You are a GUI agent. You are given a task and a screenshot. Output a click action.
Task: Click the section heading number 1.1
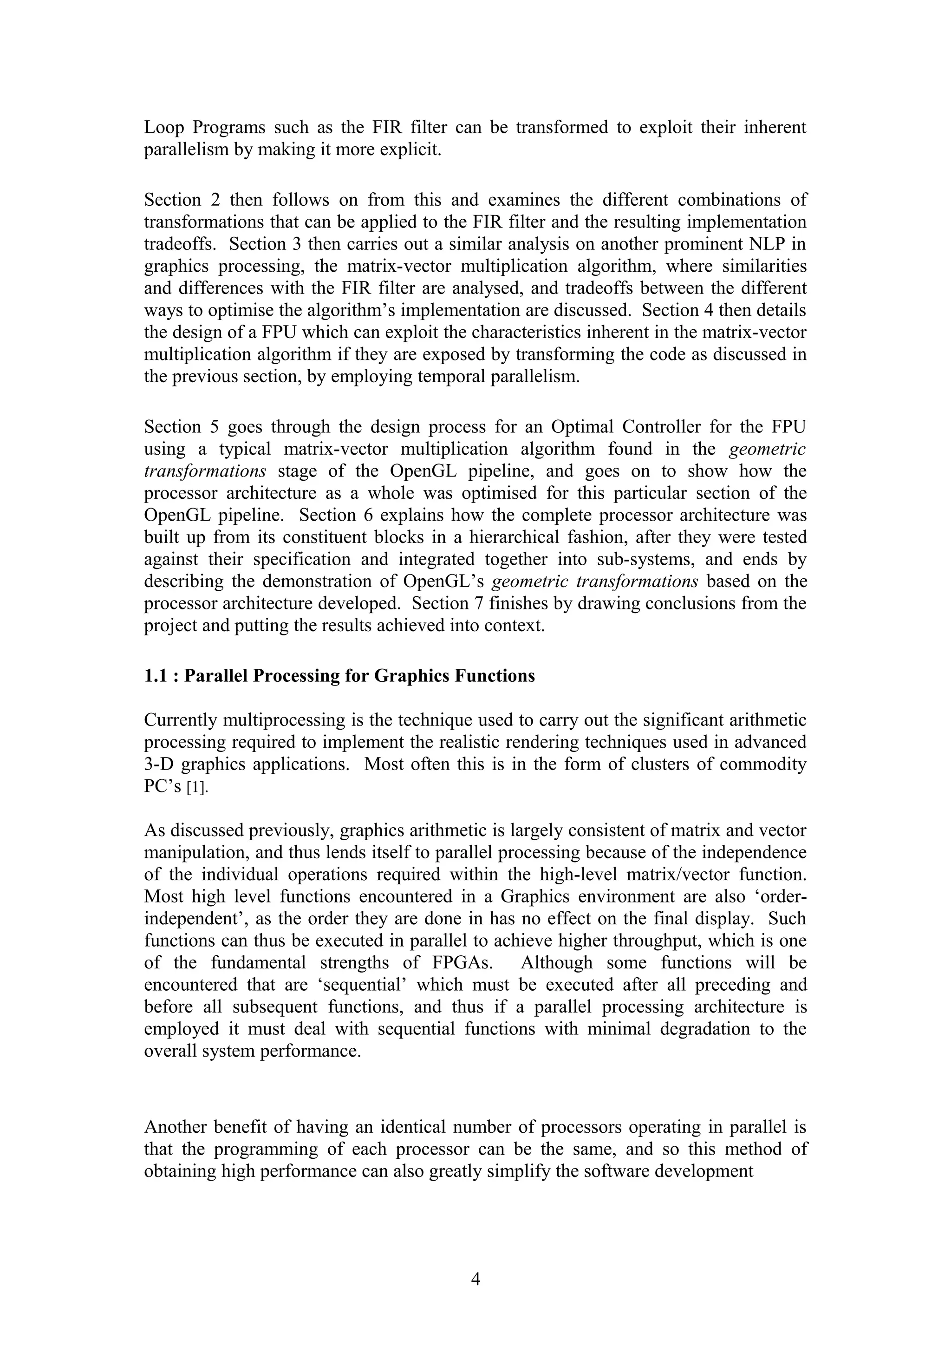[157, 676]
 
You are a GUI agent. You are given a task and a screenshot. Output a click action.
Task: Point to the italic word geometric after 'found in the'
[768, 449]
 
